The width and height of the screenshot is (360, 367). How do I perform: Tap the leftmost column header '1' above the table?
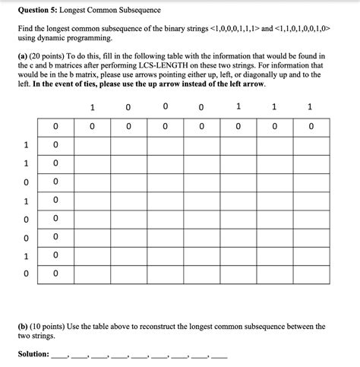coord(92,107)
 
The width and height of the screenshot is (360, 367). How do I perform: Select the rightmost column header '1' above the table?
coord(311,107)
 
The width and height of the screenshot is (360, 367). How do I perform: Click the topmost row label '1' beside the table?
coord(26,144)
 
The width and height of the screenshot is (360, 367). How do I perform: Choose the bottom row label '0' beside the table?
coord(26,274)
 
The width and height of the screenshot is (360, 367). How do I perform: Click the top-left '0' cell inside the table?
coord(55,126)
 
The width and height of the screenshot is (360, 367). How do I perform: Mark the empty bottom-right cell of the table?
coord(311,274)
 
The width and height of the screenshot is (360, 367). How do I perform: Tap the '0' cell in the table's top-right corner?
coord(311,126)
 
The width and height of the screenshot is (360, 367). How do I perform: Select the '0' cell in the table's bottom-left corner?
coord(55,274)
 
